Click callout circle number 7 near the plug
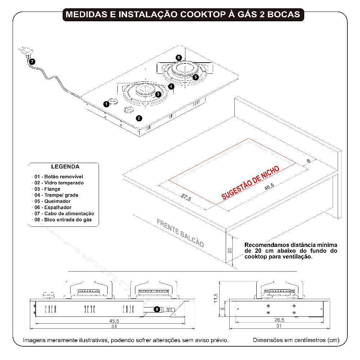coord(33,62)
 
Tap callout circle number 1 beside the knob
coord(106,104)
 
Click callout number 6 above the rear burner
coord(179,58)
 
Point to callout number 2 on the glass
coord(139,118)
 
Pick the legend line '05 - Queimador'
coord(53,201)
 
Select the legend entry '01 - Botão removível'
coord(59,177)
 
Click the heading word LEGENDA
coord(65,167)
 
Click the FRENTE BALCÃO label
coord(180,233)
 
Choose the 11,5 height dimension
coord(215,298)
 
